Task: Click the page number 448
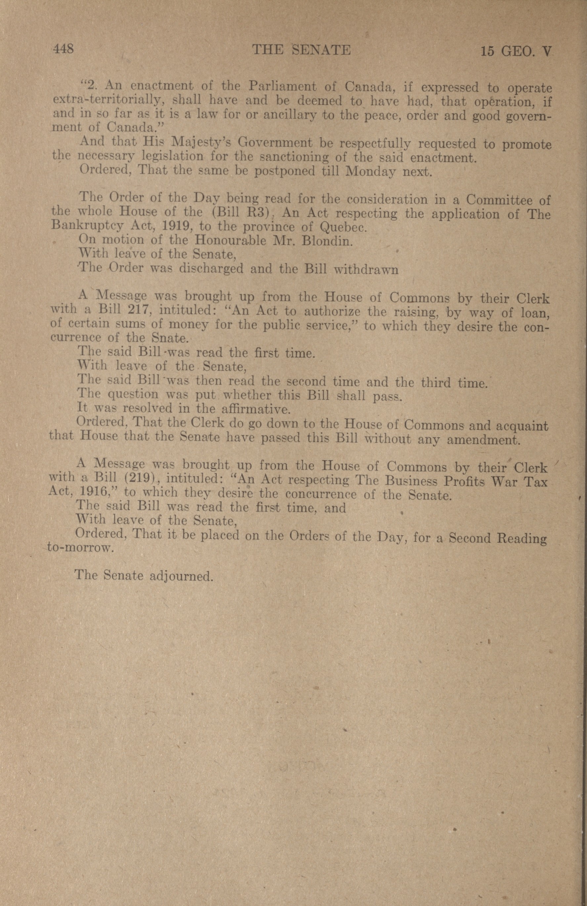(63, 49)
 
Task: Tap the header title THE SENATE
(302, 50)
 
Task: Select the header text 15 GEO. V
(516, 51)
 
